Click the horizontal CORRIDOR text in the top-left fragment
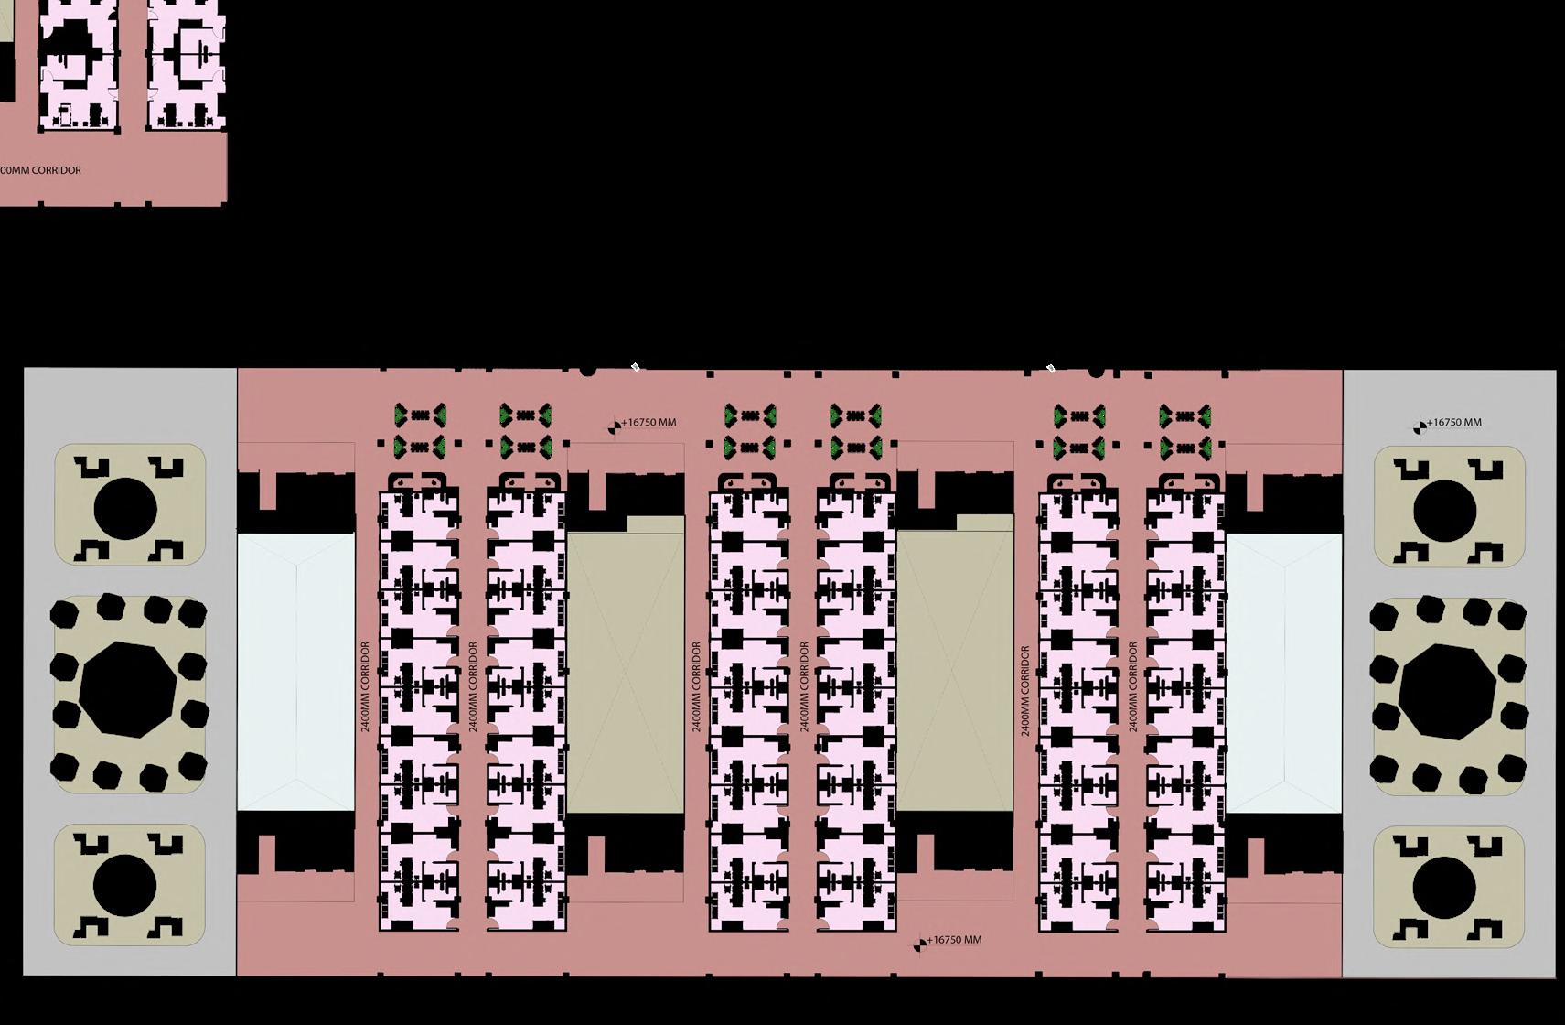coord(40,170)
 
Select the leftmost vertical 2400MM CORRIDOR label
coord(366,686)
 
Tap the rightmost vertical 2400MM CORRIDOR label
coord(1133,686)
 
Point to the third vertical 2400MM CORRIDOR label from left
coord(697,686)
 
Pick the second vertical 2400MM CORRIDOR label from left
coord(474,686)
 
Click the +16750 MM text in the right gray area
coord(1454,423)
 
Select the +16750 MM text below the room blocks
coord(954,940)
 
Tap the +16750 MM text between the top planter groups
coord(649,423)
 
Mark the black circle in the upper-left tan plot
coord(125,508)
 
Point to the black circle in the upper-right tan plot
coord(1444,509)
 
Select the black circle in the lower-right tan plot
coord(1444,887)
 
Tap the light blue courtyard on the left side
coord(295,673)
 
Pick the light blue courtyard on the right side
coord(1284,673)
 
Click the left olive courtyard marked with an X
coord(626,673)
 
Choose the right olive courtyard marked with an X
coord(955,673)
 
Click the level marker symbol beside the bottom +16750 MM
coord(919,944)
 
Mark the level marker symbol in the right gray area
coord(1420,426)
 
